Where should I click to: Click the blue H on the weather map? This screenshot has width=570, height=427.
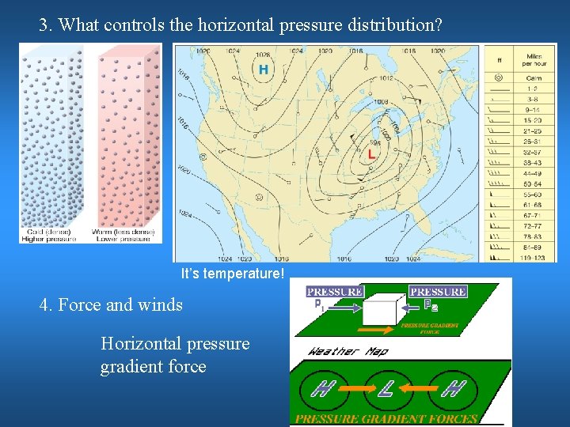click(263, 70)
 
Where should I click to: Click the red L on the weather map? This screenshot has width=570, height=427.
click(370, 154)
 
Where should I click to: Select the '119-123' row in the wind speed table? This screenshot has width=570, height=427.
click(533, 257)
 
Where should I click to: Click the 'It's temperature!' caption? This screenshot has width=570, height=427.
click(232, 274)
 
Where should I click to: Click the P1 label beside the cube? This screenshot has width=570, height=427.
click(317, 304)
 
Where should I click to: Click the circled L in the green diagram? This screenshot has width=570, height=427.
click(386, 388)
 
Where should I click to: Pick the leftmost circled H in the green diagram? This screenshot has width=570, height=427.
click(321, 388)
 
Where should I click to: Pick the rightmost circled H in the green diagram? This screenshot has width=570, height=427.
click(452, 388)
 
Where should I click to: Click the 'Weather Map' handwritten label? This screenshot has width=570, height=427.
click(348, 350)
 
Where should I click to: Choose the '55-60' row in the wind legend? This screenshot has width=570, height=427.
click(533, 194)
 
